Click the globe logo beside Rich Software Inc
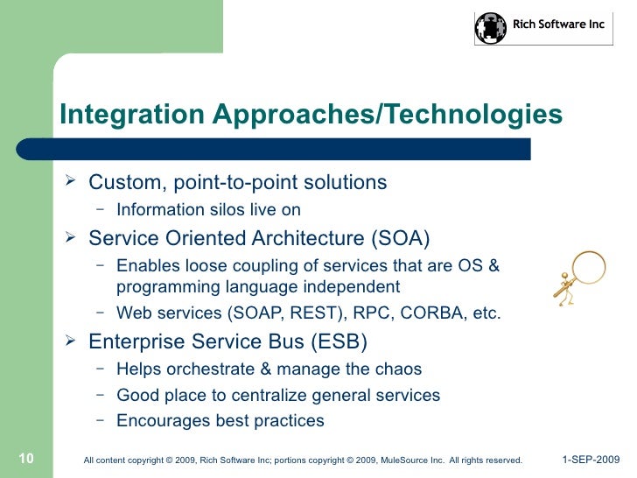pos(491,28)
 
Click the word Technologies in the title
pos(473,114)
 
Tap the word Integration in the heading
pos(132,114)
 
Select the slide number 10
pos(26,459)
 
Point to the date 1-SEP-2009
pos(591,460)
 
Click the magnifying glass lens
pos(589,267)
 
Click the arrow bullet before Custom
pos(70,180)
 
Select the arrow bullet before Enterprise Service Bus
pos(70,340)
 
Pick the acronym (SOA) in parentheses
pos(401,238)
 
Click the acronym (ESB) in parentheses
pos(339,341)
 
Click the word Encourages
pos(164,421)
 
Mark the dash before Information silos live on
pos(101,209)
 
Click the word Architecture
pos(308,238)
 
